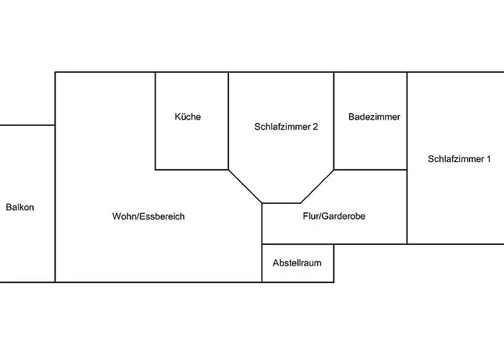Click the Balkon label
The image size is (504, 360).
20,207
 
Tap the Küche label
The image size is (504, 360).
188,117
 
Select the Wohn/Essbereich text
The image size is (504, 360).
148,216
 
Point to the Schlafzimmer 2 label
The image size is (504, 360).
287,126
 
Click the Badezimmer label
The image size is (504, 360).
374,117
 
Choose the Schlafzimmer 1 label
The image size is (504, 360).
459,160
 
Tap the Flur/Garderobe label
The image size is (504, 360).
334,216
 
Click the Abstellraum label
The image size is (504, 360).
297,263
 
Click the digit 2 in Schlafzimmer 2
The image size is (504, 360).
315,126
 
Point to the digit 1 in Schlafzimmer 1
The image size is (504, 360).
489,160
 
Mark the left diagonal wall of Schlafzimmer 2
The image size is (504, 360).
245,186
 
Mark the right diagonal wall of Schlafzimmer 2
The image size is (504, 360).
318,186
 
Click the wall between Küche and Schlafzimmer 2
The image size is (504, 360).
229,121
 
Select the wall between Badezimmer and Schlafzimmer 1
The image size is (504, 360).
408,121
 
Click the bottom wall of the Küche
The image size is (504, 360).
192,170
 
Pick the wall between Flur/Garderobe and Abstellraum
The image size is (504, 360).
297,244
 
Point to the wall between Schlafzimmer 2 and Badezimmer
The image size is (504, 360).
334,121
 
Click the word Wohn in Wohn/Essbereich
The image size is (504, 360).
123,216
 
